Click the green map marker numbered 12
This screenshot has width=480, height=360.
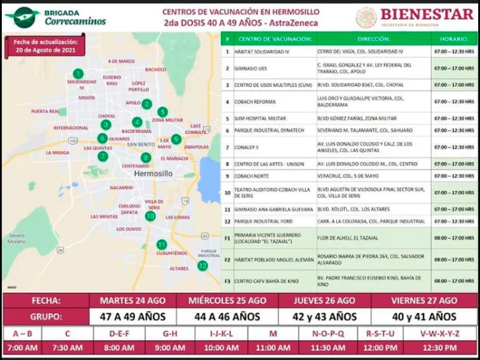point(203,265)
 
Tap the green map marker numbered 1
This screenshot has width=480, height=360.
point(77,74)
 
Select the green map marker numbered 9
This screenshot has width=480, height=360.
point(176,139)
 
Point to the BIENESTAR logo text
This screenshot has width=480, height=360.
point(427,13)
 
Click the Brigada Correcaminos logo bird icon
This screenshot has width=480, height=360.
point(22,17)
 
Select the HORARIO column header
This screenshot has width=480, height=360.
point(454,39)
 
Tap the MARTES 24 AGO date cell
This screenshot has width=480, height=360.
point(133,300)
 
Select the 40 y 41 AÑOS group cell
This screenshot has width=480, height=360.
point(425,316)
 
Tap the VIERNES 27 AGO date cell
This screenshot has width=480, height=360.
point(425,300)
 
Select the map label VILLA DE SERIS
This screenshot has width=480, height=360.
point(154,204)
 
